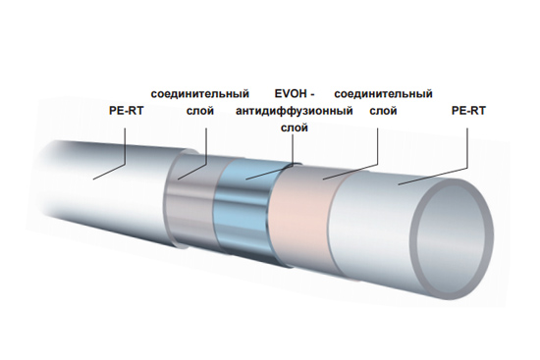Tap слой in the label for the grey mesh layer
point(200,111)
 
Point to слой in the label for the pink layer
point(384,111)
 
